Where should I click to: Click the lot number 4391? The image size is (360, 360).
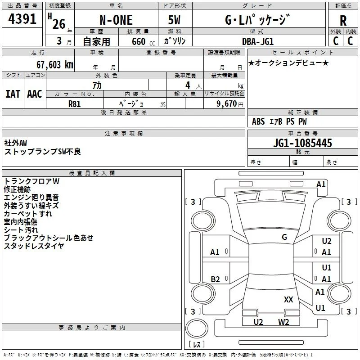tap(22, 19)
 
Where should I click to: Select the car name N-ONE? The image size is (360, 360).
tap(116, 20)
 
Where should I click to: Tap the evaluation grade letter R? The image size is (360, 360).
tap(343, 21)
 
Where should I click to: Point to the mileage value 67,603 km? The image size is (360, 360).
tap(55, 65)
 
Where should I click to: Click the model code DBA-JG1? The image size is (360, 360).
tap(258, 41)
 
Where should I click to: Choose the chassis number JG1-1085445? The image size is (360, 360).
tap(302, 143)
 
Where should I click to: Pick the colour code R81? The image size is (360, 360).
tap(74, 104)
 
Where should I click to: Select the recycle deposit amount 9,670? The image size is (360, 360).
tap(227, 104)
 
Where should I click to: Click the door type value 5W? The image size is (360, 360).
tap(174, 20)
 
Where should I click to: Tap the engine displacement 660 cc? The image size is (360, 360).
tap(143, 42)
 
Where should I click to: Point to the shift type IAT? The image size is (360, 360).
tap(13, 94)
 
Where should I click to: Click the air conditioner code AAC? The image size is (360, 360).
tap(35, 94)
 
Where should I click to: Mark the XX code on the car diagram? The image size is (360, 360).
tap(288, 299)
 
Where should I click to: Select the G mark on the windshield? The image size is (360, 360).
tap(284, 237)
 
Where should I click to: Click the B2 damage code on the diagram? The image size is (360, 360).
tap(215, 279)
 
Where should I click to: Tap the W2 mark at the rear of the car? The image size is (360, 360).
tap(283, 322)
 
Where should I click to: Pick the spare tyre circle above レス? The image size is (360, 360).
tap(197, 329)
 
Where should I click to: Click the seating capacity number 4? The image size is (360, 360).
tap(188, 85)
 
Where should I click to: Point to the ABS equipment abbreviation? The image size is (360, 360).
tap(258, 121)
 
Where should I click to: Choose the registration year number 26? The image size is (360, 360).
tap(59, 24)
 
